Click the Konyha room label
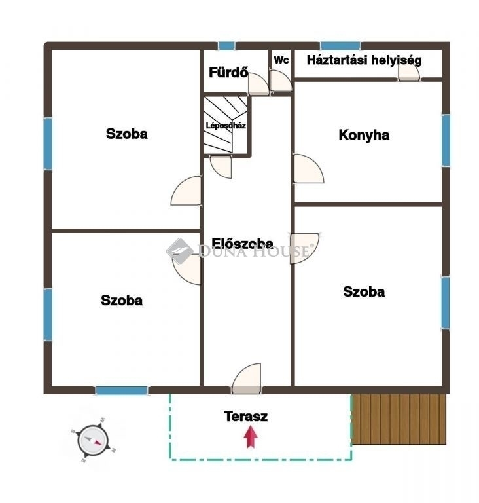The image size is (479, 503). tap(364, 135)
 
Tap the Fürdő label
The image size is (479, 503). tap(228, 72)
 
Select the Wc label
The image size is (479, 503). tap(281, 60)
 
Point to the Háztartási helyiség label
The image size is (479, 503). tap(364, 60)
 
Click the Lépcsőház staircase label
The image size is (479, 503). tap(226, 126)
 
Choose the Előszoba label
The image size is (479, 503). tap(242, 243)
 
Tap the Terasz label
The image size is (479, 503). tap(245, 416)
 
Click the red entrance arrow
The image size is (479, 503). tap(251, 437)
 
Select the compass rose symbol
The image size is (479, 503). tap(94, 440)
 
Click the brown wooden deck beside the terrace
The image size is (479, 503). tap(399, 419)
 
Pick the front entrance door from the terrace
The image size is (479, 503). tap(246, 379)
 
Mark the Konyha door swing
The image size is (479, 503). tap(308, 169)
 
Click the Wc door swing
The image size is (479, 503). tap(281, 81)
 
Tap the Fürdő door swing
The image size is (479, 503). tap(258, 84)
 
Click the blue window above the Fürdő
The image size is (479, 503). tap(226, 46)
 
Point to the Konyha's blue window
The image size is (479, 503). tap(446, 141)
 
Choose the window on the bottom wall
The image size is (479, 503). tap(122, 390)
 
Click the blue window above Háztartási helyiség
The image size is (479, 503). tap(340, 46)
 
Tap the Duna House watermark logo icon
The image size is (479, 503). tap(180, 251)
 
